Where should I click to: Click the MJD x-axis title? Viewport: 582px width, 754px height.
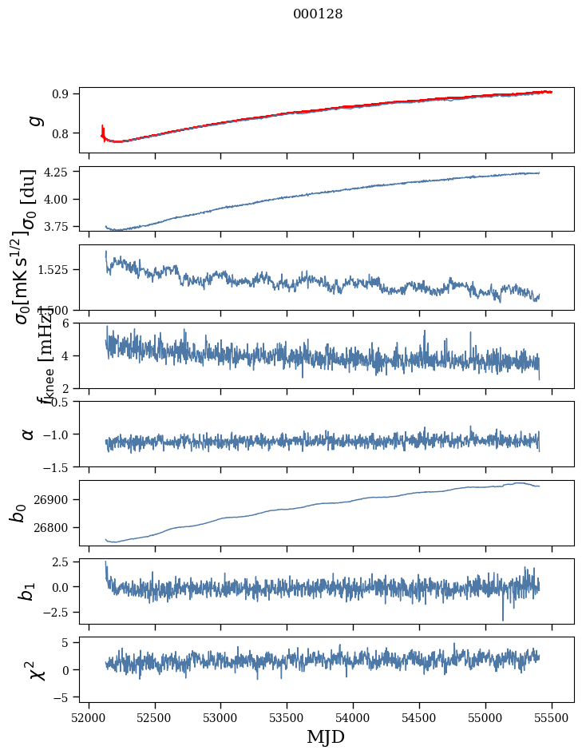click(x=326, y=737)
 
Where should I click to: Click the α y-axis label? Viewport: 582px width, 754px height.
click(x=29, y=434)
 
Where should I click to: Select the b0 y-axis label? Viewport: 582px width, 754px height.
click(x=18, y=513)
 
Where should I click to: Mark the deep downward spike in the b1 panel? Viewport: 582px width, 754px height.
click(x=503, y=619)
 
